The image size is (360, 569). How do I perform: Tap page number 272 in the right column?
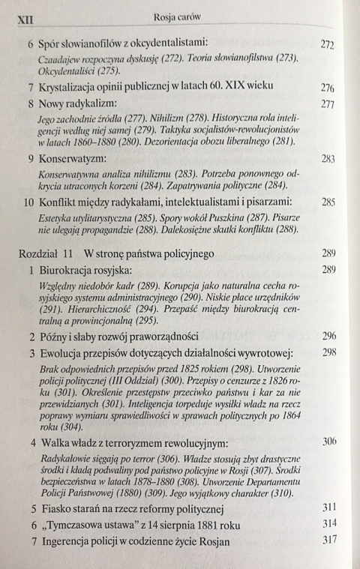pos(327,44)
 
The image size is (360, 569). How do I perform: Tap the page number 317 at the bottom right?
pos(328,541)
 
